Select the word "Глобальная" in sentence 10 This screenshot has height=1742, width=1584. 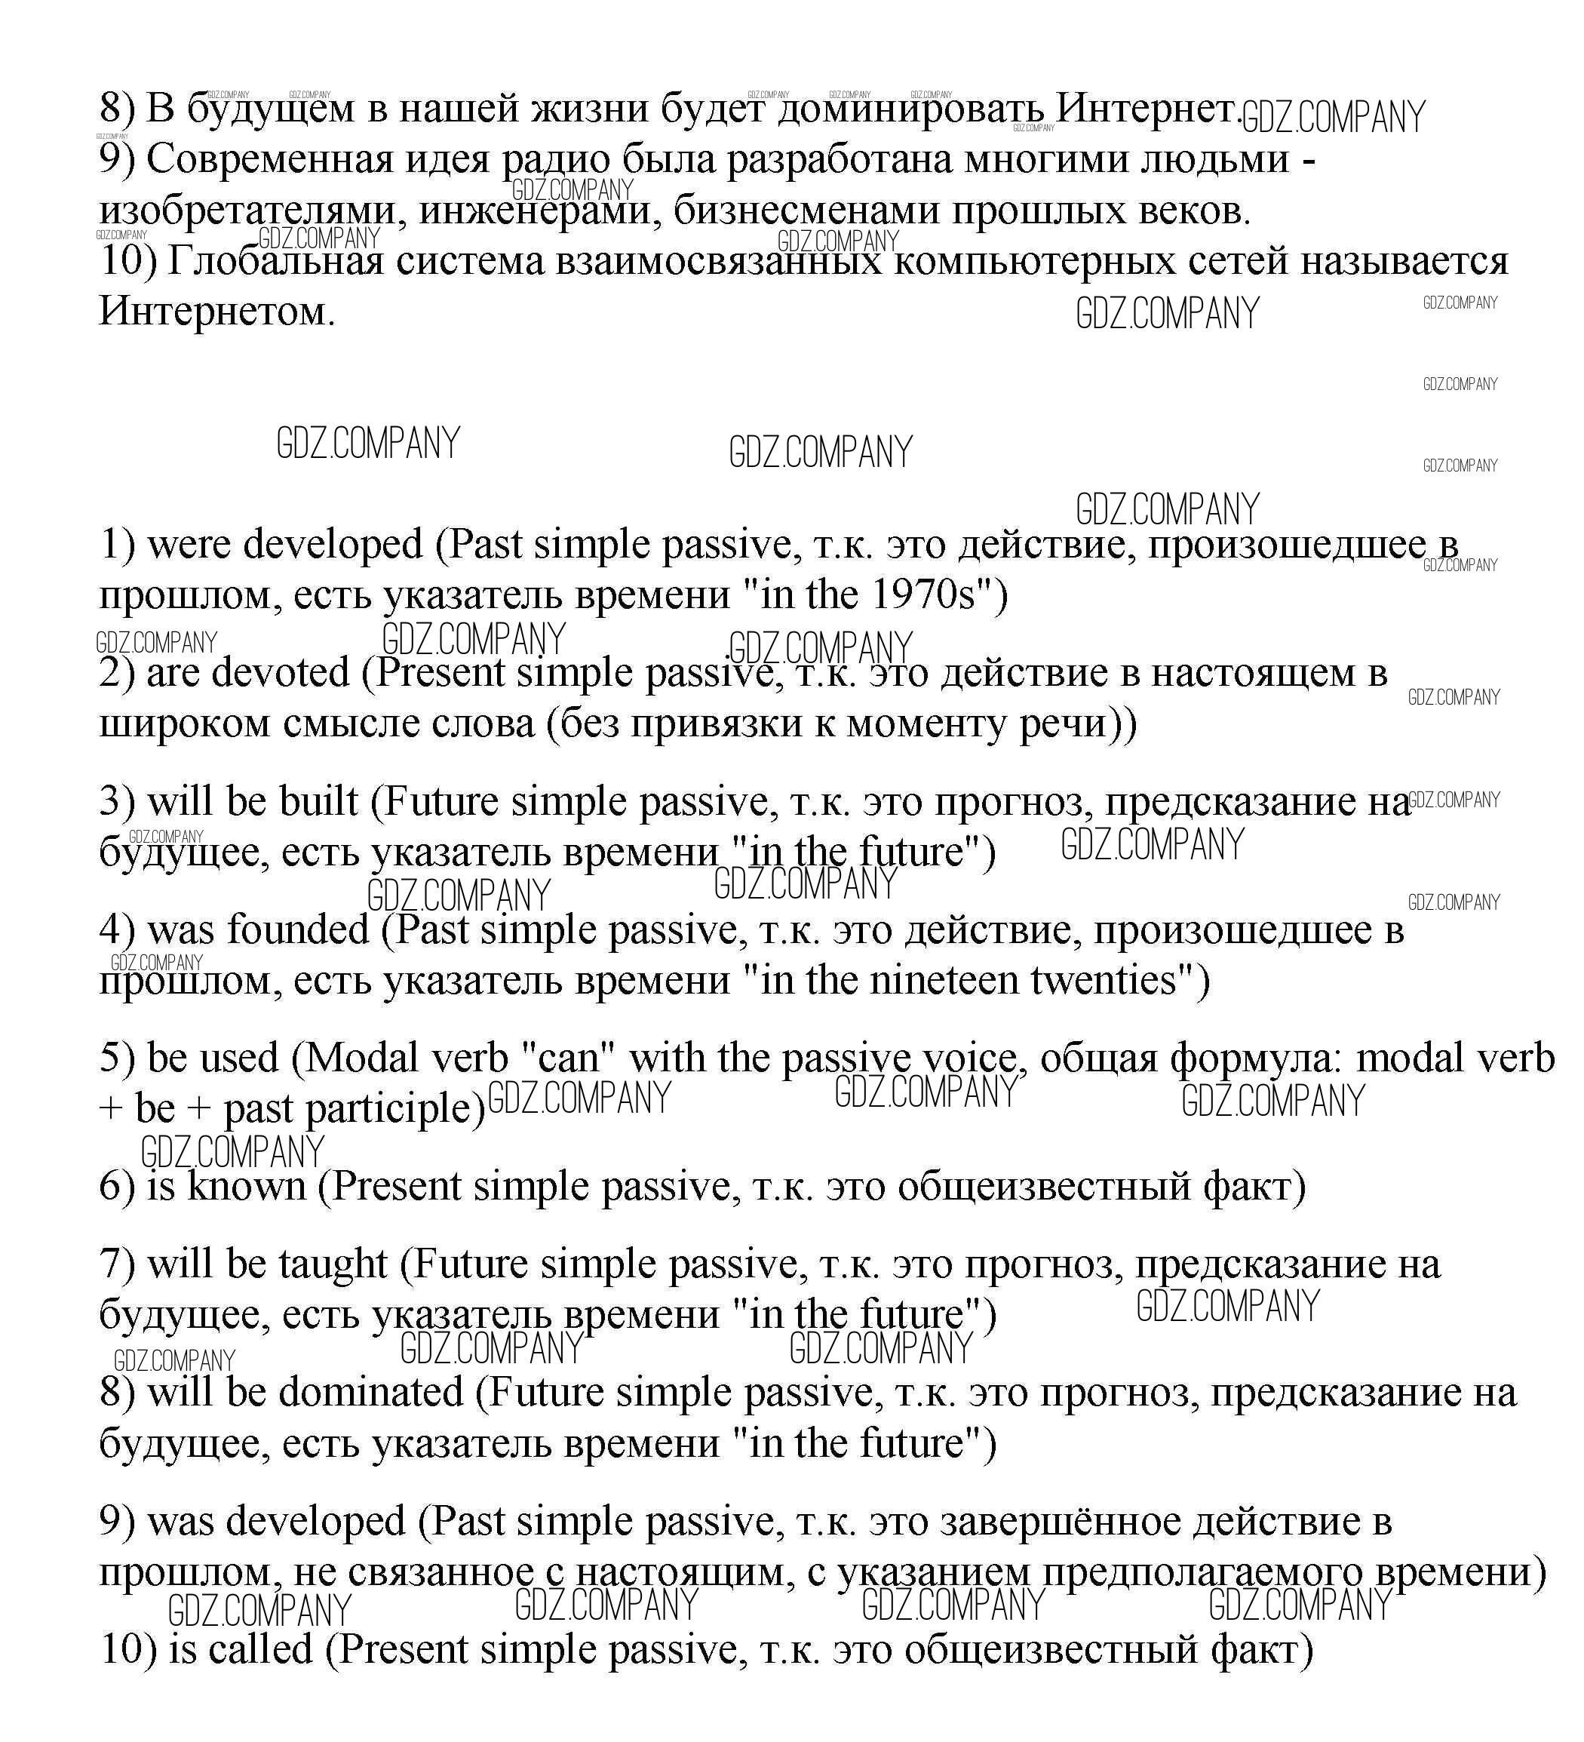coord(275,261)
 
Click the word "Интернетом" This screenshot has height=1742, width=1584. coord(216,311)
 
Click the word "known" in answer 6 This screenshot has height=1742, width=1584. coord(247,1187)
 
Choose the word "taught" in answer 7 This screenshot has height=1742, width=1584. coord(333,1265)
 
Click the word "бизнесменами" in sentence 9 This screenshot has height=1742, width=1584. coord(806,210)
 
